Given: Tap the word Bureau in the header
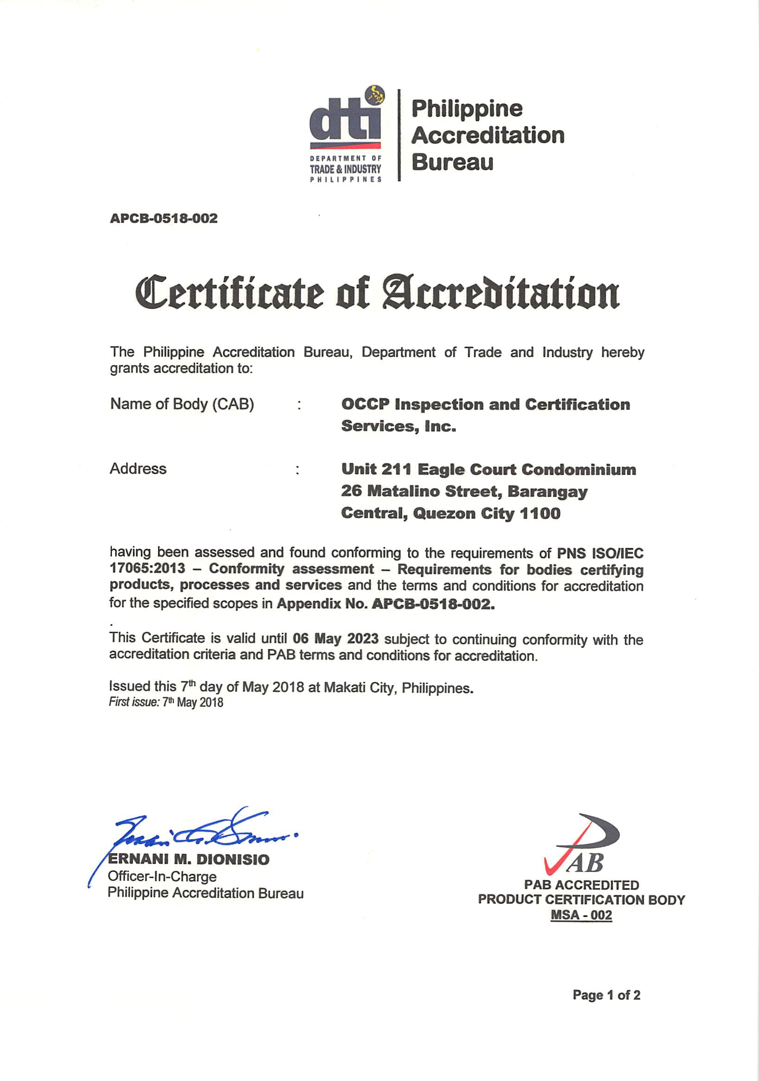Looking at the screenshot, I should [x=452, y=163].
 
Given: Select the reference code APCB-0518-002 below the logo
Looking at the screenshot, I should [x=164, y=219].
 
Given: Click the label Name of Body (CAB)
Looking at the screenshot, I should [x=182, y=404].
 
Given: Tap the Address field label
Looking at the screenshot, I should [x=138, y=468].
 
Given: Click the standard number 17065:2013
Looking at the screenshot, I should [x=147, y=568].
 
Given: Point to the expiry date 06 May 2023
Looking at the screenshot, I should [x=335, y=638].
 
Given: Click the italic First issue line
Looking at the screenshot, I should [x=166, y=703].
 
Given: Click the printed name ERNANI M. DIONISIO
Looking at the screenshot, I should [x=189, y=860].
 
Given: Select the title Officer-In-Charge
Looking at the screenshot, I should [x=162, y=877].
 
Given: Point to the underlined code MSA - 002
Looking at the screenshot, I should [x=581, y=915].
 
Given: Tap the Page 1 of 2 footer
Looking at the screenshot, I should [x=607, y=995].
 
